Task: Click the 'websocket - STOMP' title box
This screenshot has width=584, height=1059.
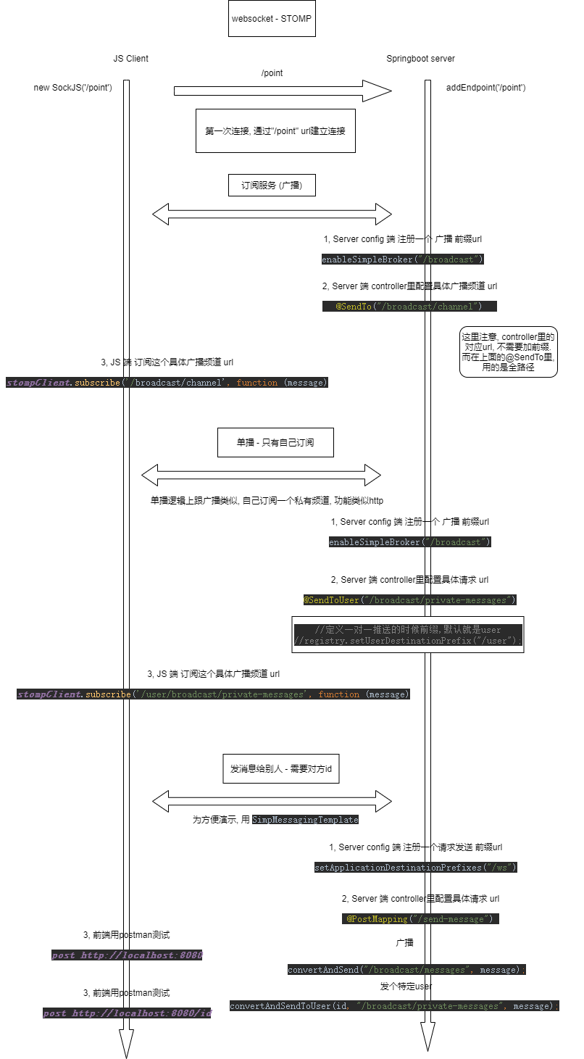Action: pos(272,18)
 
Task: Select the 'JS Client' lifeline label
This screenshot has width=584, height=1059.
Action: pos(130,59)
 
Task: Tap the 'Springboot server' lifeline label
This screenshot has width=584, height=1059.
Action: pos(420,59)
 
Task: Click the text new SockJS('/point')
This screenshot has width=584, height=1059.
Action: pos(72,88)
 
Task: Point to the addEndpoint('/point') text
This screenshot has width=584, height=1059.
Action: pos(485,88)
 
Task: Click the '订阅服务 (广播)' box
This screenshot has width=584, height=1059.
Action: pos(272,186)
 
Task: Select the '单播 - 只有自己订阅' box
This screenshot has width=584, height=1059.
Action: pos(275,442)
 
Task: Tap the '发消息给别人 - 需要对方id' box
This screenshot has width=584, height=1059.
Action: pos(280,768)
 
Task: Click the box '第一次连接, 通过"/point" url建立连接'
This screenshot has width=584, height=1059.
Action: pos(275,131)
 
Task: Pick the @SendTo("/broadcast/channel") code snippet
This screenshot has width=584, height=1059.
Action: pos(409,307)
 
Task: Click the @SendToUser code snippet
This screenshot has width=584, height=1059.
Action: pos(409,600)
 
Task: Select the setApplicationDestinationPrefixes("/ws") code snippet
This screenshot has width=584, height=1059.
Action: pos(415,868)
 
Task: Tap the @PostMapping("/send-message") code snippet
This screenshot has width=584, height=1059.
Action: pos(420,919)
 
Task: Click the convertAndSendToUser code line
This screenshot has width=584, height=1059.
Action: pos(394,1006)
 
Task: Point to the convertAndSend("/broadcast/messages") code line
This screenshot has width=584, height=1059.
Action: pos(406,970)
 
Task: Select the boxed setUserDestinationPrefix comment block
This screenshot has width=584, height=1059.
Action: pos(408,635)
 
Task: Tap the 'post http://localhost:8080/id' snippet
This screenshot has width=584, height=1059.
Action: pos(128,1013)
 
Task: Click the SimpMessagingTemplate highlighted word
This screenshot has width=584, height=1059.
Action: pos(305,820)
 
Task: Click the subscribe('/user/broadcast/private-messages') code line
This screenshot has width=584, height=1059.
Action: pos(214,694)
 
